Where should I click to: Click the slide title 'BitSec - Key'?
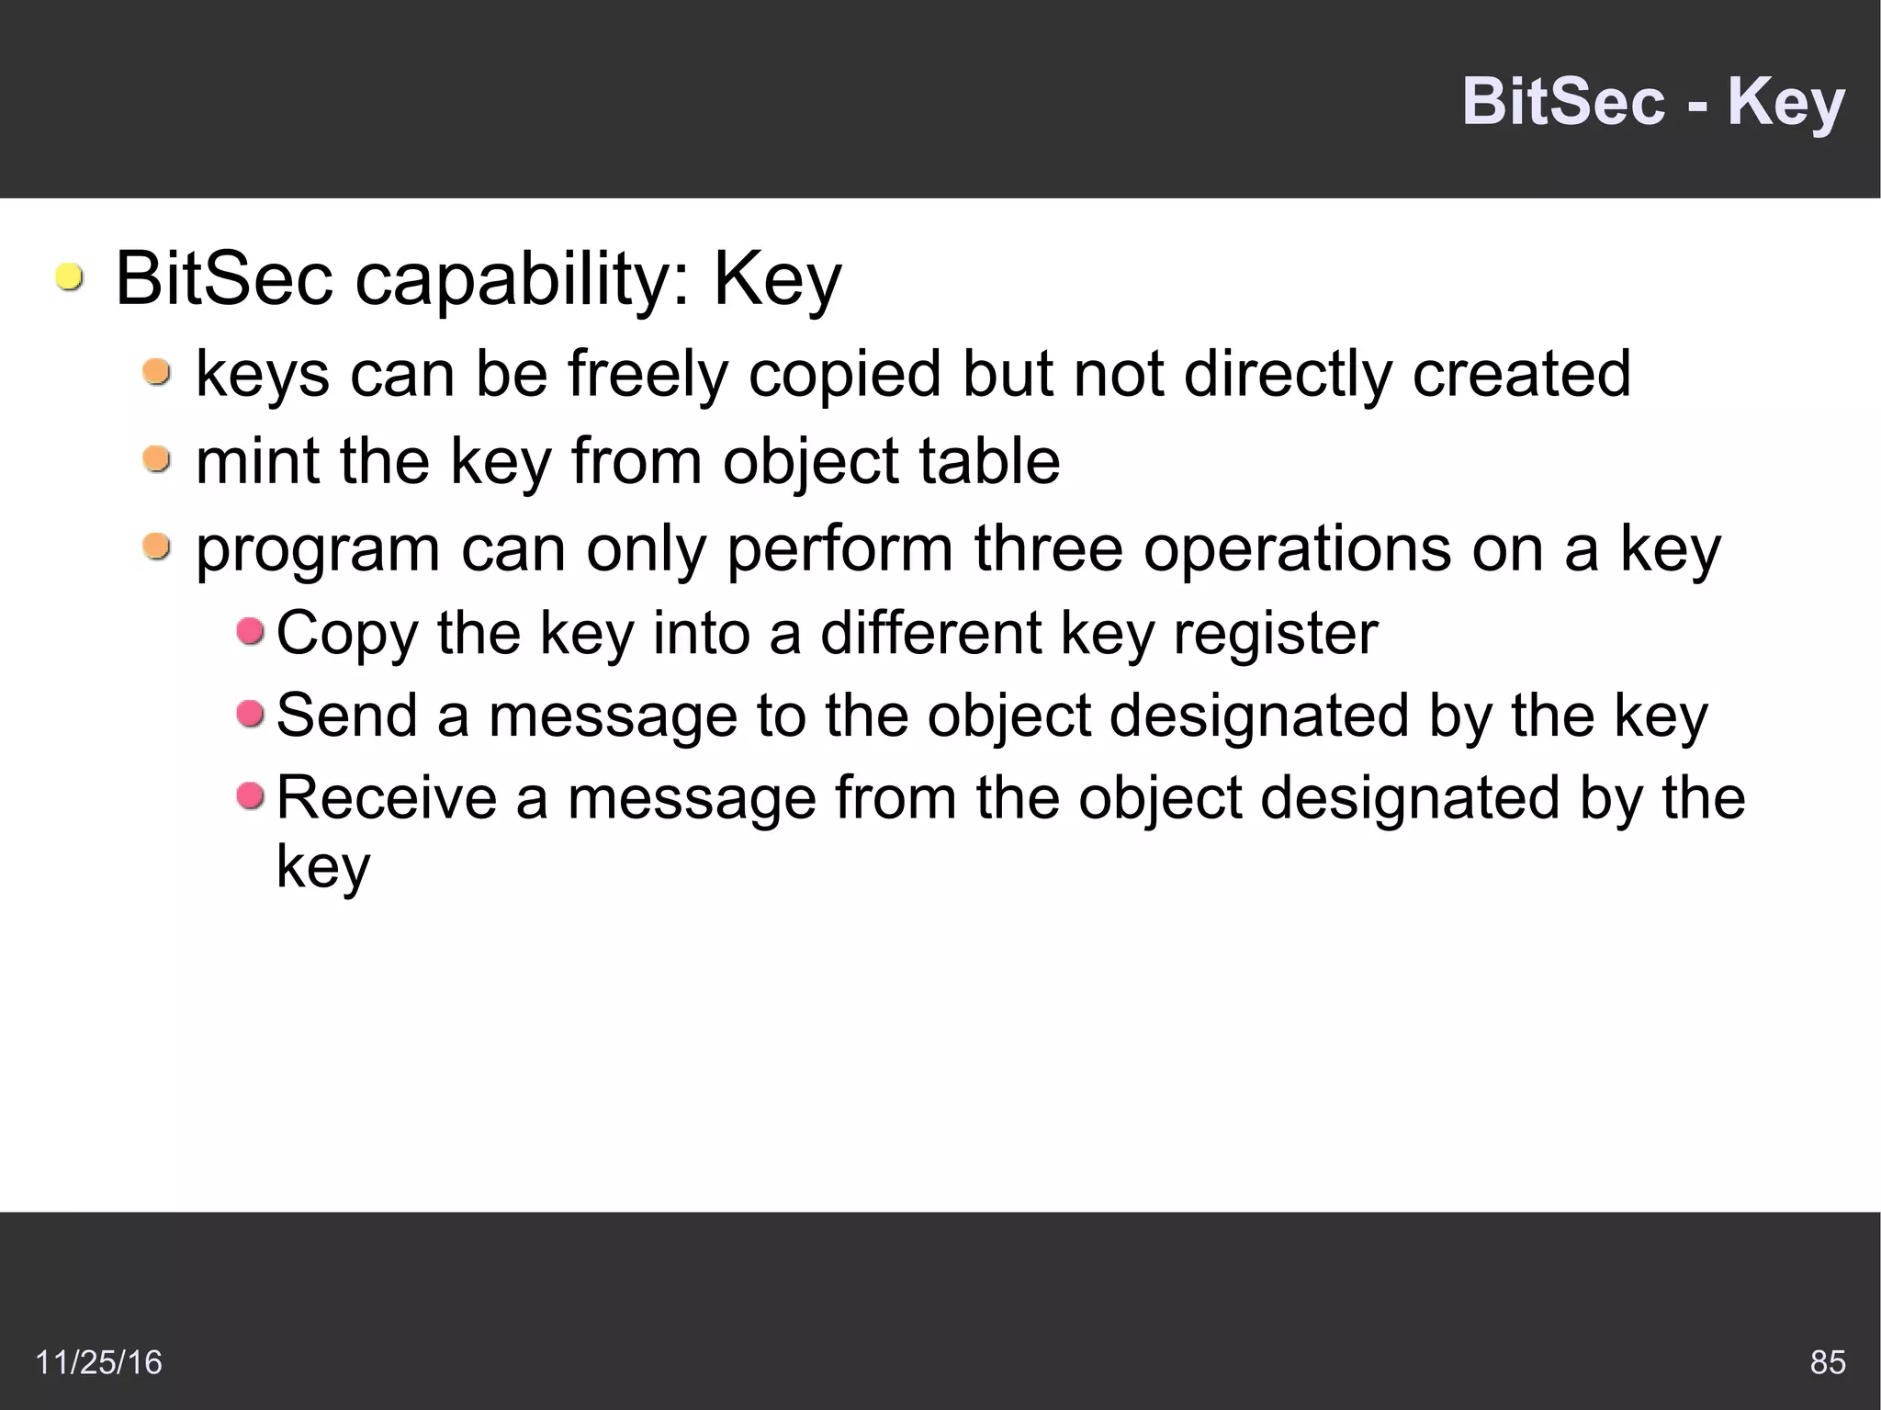tap(1652, 102)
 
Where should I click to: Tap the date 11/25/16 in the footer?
tap(98, 1361)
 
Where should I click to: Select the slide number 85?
tap(1827, 1361)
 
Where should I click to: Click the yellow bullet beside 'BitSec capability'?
tap(68, 276)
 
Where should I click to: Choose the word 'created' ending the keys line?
tap(1521, 374)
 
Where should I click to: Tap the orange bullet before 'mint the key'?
tap(157, 458)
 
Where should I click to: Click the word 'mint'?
tap(256, 461)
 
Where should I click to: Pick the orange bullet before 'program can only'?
tap(157, 547)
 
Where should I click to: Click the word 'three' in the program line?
tap(1048, 548)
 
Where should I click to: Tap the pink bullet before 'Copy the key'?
tap(250, 631)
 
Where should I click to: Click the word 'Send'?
tap(347, 716)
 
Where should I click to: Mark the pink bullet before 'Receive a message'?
tap(250, 795)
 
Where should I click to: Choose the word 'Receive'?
tap(387, 797)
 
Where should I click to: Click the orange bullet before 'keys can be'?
tap(157, 372)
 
